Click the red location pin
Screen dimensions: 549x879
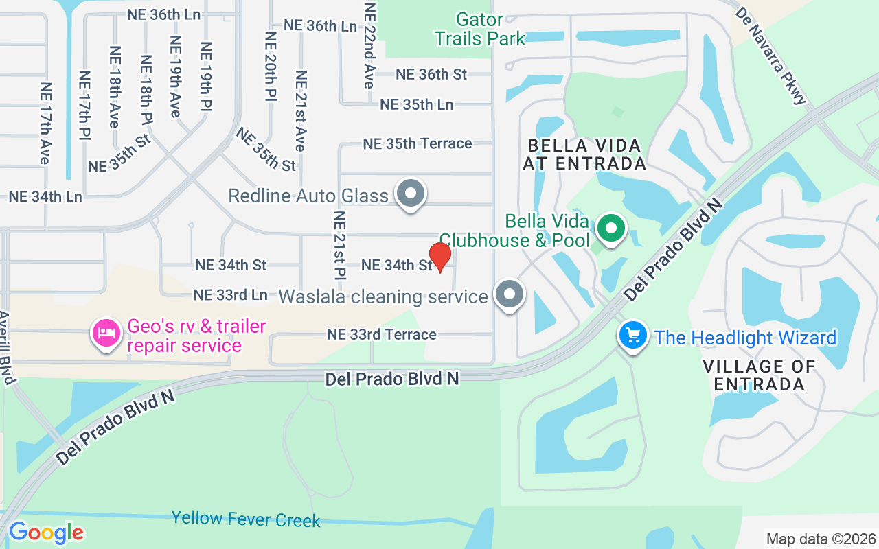coord(439,257)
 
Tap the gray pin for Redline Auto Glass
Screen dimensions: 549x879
coord(411,194)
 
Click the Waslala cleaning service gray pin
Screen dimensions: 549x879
coord(509,294)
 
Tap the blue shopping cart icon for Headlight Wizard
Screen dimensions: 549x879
coord(632,336)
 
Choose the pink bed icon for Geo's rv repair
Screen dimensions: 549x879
coord(105,333)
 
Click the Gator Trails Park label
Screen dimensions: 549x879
coord(479,30)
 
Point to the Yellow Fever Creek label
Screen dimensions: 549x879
coord(245,519)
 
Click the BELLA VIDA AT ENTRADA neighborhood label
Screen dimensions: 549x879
coord(584,154)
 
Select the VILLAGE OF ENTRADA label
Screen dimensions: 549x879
coord(759,375)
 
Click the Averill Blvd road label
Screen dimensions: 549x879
coord(6,347)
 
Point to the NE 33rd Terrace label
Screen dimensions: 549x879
coord(381,334)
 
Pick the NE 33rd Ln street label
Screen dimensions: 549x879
coord(230,295)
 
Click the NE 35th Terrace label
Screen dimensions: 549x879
coord(417,143)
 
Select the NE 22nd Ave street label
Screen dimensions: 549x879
coord(369,46)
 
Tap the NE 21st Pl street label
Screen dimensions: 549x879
coord(339,246)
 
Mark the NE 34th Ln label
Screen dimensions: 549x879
coord(45,197)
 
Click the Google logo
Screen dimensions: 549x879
coord(46,533)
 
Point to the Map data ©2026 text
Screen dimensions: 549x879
coord(821,539)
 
